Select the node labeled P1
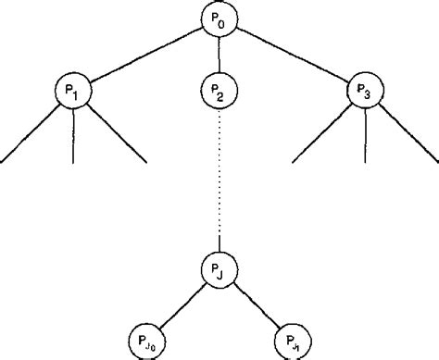point(71,91)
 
